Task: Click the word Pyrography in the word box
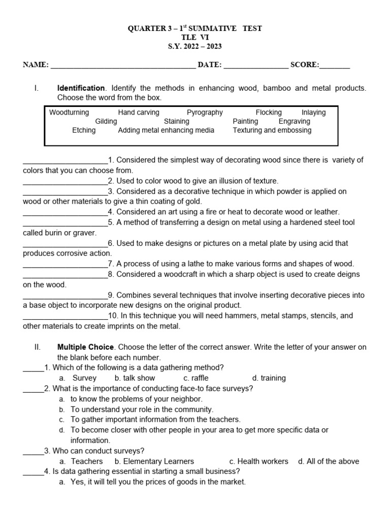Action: [205, 113]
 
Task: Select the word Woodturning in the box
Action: [69, 113]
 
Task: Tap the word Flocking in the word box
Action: [269, 113]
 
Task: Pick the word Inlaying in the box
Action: [313, 113]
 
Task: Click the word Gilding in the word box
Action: [106, 122]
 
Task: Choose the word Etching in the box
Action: [84, 130]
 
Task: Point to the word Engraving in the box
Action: [295, 122]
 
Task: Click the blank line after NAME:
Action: [123, 65]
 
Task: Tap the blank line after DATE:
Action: [255, 65]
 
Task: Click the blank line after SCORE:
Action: [335, 65]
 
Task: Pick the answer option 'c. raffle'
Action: [196, 378]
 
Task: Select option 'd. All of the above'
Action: [329, 461]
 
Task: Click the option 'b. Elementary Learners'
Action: [154, 461]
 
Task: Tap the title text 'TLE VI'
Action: [195, 38]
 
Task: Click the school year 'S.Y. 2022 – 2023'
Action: [195, 47]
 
